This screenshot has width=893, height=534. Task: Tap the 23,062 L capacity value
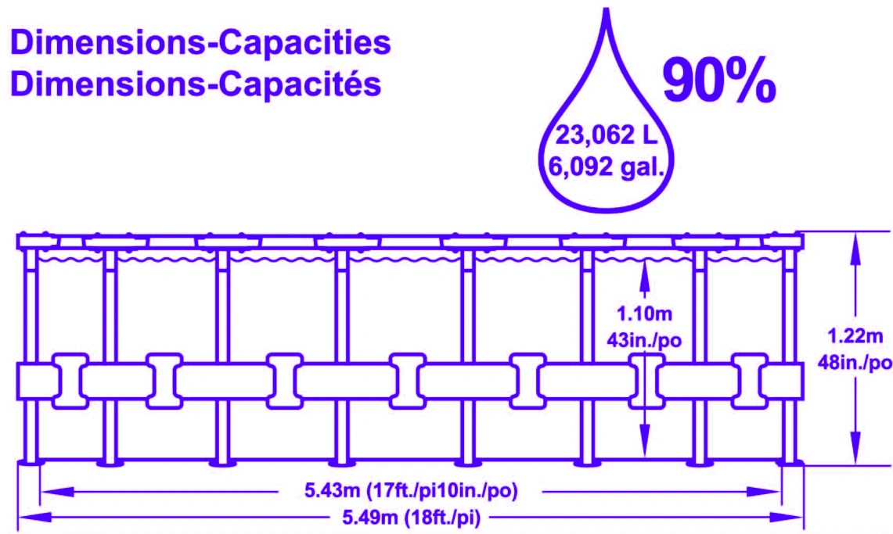coord(606,135)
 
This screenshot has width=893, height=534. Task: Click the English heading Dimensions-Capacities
coord(200,43)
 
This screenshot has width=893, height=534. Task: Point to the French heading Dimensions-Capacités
coord(196,84)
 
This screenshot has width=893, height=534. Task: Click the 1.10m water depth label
coord(645,314)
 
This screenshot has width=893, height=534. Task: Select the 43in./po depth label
coord(644,340)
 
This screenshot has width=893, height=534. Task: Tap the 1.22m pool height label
coord(855,336)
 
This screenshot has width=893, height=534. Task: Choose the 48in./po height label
coord(855,362)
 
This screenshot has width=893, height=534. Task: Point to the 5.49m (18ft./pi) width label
coord(411,518)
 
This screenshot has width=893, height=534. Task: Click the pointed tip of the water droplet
coord(607,9)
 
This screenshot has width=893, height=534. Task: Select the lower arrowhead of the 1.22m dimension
coord(855,450)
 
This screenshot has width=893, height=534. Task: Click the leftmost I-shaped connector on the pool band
coord(70,381)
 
